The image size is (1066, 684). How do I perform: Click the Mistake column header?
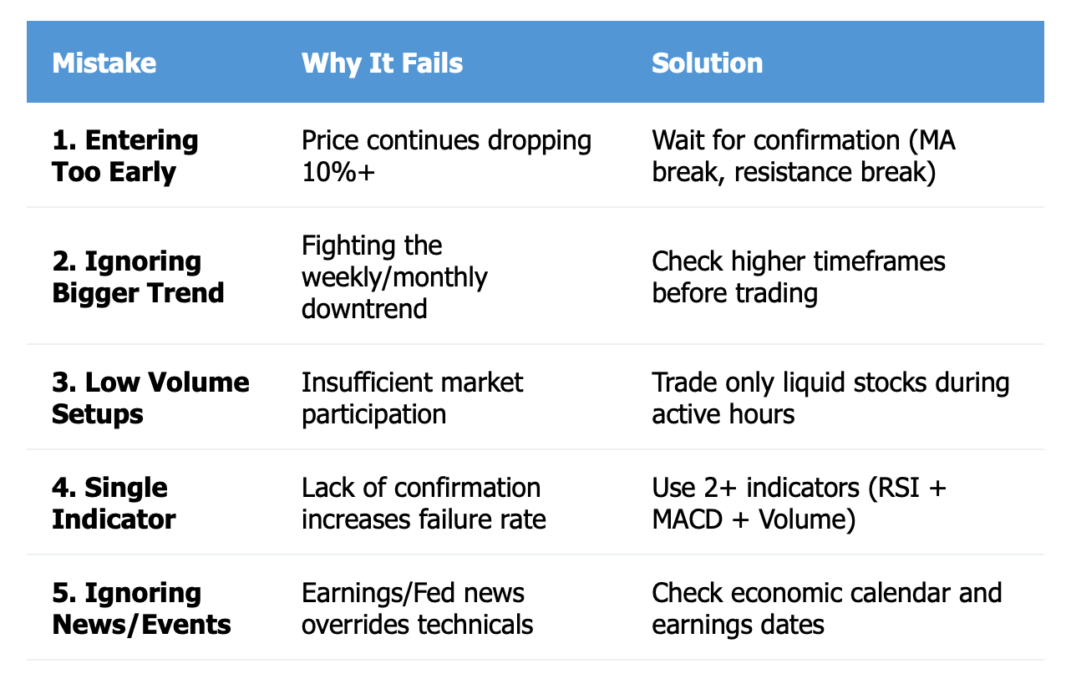[104, 63]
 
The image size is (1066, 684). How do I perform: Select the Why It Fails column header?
[382, 64]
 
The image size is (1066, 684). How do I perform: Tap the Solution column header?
[707, 63]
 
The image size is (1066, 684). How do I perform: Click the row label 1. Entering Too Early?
[125, 156]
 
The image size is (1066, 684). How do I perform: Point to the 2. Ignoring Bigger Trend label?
[138, 276]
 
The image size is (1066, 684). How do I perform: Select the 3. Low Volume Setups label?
[150, 398]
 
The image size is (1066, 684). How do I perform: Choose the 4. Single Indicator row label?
[114, 504]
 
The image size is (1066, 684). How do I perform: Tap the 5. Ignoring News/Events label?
[141, 609]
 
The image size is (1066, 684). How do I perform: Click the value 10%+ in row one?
[338, 172]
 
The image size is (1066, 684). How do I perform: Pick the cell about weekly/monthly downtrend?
[394, 276]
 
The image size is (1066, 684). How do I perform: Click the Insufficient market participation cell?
[412, 398]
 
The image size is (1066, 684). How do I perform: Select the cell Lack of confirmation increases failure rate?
[424, 504]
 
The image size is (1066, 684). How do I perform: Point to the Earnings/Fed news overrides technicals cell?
[418, 609]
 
